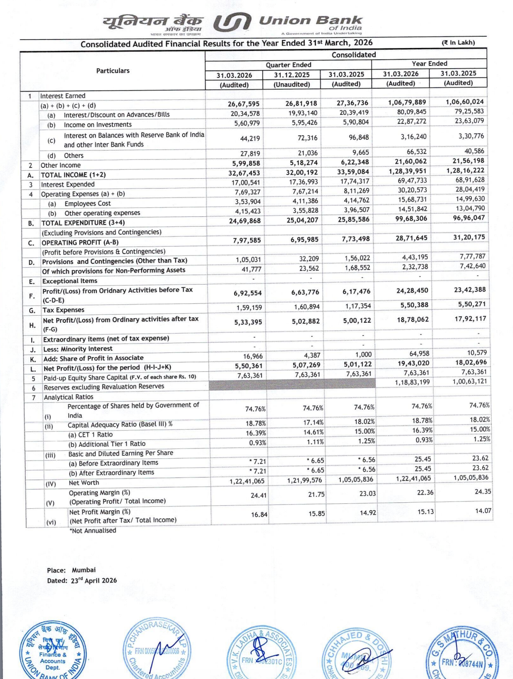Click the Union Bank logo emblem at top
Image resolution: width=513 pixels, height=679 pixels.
[x=232, y=23]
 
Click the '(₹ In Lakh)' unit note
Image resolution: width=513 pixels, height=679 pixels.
[x=458, y=43]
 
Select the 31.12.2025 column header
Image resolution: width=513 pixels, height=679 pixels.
[x=292, y=75]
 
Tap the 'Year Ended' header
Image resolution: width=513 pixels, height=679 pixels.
[x=429, y=64]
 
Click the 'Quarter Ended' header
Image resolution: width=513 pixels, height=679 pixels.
[x=288, y=65]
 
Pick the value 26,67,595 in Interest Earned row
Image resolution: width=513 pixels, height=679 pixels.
[x=244, y=104]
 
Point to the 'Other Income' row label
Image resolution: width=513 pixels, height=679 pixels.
[x=60, y=165]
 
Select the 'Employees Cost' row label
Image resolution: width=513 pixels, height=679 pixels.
[x=87, y=203]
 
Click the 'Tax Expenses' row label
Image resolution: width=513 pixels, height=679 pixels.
[x=63, y=310]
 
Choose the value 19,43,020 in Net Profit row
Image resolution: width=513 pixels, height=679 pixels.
[x=413, y=363]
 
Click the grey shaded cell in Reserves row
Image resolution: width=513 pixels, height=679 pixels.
[x=292, y=384]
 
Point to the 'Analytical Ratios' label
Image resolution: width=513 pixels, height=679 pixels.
[x=68, y=397]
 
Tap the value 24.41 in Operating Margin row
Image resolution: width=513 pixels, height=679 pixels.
[x=258, y=495]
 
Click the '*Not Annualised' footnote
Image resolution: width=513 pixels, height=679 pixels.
[x=93, y=531]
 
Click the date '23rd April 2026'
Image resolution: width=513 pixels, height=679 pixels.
[x=94, y=581]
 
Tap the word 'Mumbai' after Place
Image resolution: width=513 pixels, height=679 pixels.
[x=84, y=570]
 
